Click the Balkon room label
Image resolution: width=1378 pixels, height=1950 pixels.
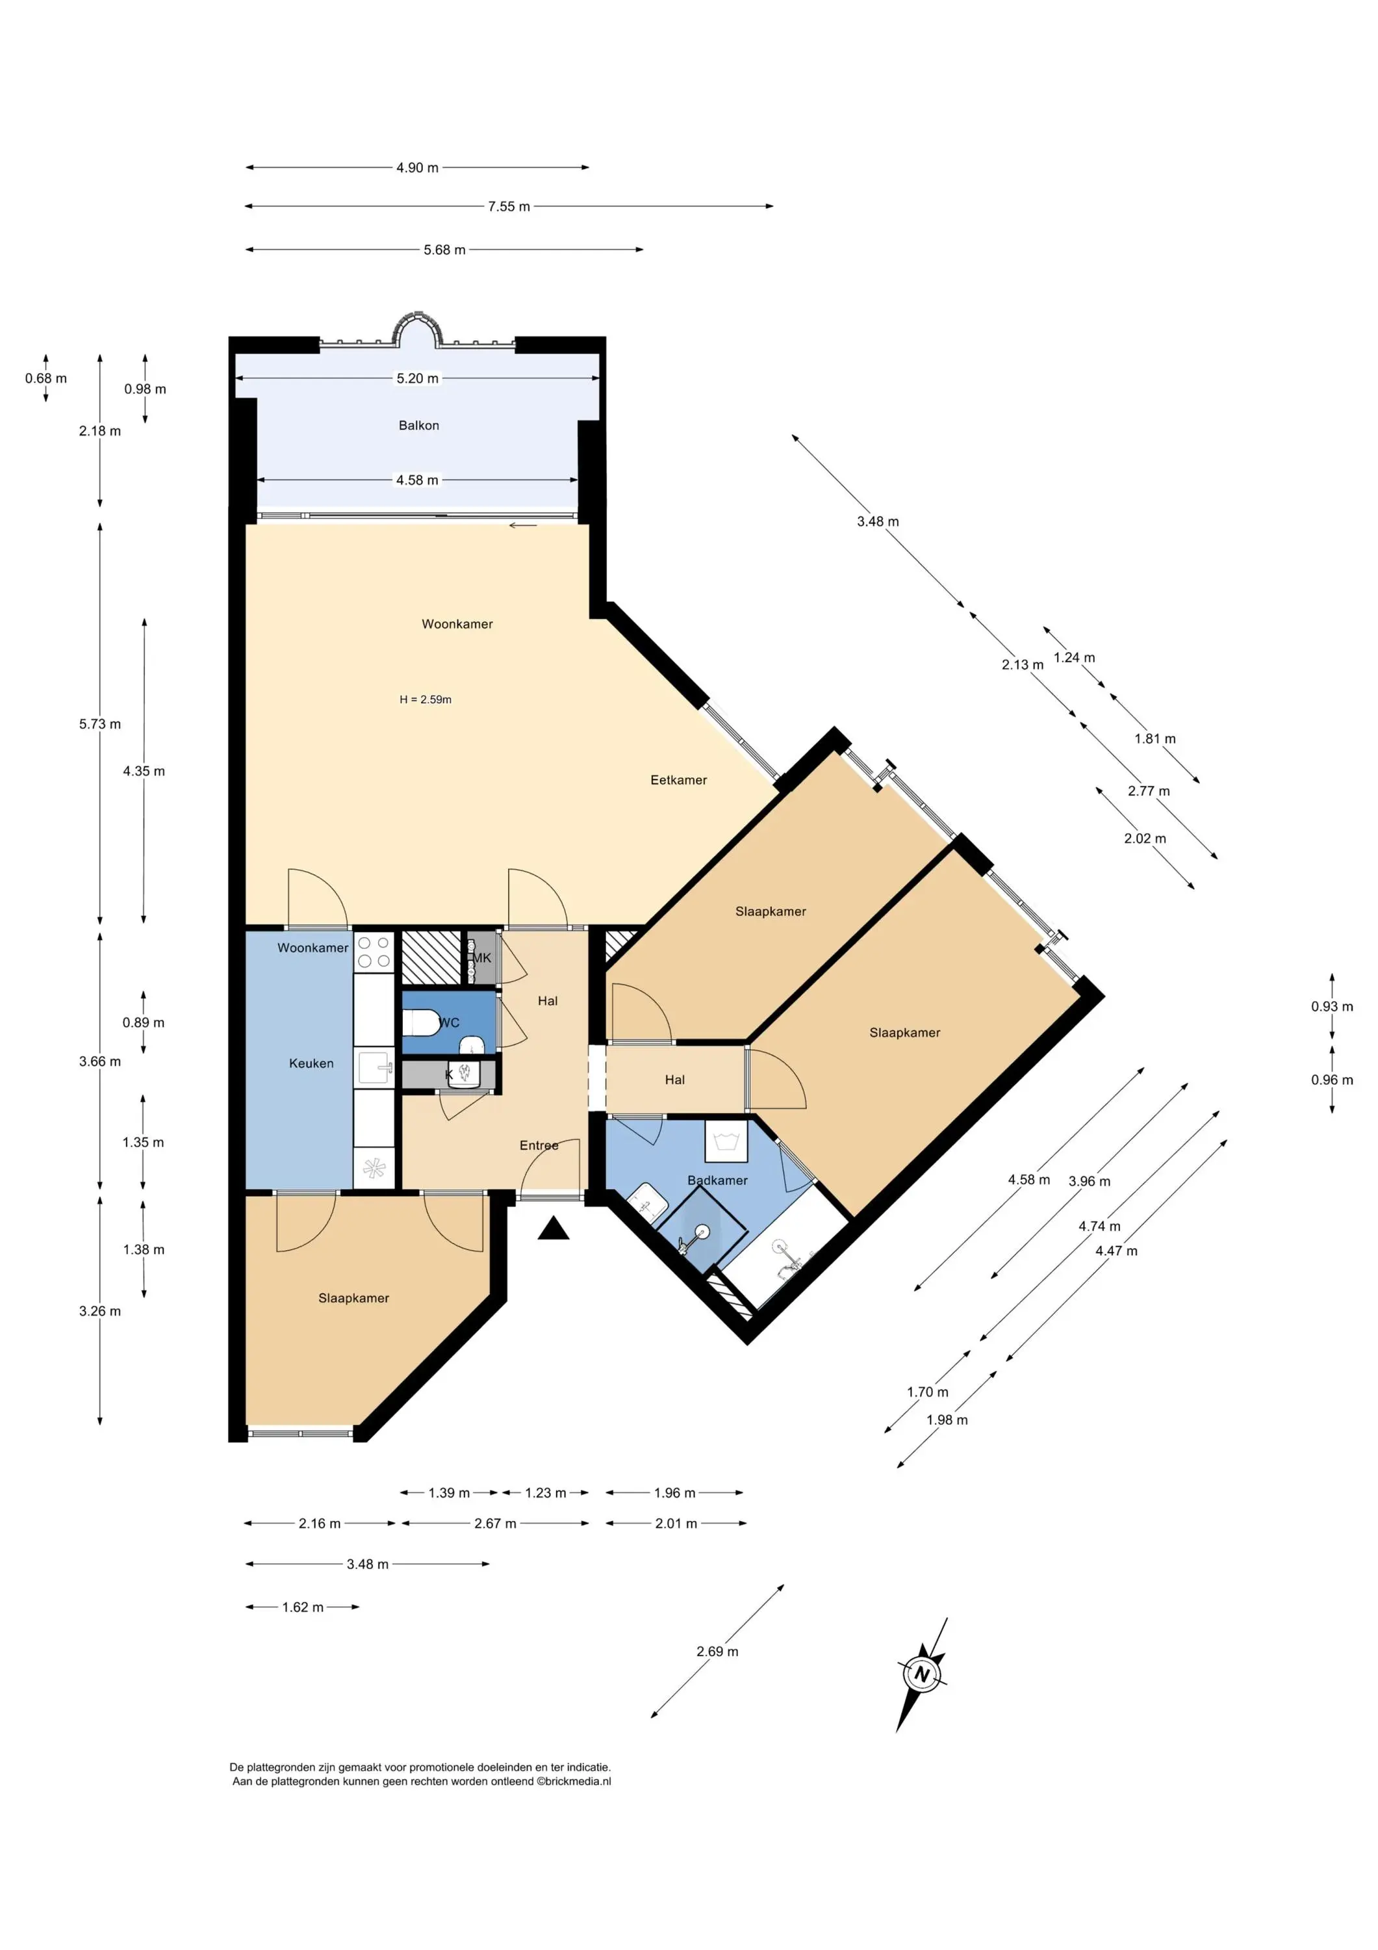click(418, 426)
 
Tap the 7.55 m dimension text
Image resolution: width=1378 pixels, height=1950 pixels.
click(509, 207)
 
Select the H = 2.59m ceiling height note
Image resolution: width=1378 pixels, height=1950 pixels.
click(426, 700)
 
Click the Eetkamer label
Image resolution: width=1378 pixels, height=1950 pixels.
click(678, 779)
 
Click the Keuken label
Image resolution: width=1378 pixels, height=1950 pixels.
click(311, 1063)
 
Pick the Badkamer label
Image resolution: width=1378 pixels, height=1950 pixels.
click(717, 1180)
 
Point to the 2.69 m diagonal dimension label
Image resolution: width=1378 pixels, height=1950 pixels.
click(717, 1652)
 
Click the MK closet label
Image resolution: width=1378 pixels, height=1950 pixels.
click(481, 958)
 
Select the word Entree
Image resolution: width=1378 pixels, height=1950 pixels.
click(539, 1146)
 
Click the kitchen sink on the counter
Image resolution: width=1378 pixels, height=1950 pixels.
click(374, 1067)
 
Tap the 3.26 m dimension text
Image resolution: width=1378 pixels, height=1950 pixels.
click(100, 1311)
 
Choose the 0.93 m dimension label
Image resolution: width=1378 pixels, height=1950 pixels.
click(1332, 1006)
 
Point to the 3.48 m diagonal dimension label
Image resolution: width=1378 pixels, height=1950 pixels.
click(878, 521)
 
